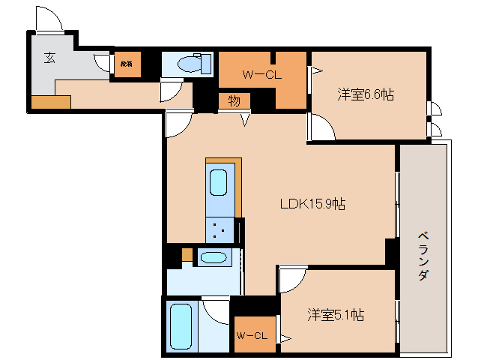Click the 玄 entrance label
[49, 58]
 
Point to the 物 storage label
[234, 101]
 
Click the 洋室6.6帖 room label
[366, 94]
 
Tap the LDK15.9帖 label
[312, 203]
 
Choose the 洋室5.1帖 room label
[336, 315]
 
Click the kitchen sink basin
[218, 182]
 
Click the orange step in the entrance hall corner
[49, 102]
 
